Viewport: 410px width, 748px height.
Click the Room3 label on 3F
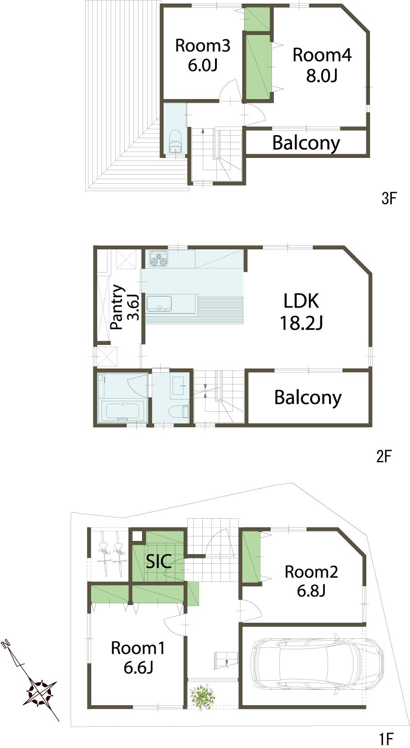[202, 45]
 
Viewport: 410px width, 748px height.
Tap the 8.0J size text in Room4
[322, 76]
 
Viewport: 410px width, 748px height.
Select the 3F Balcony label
[306, 143]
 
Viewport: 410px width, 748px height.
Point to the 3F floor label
[389, 198]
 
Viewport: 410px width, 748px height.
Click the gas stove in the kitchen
[159, 259]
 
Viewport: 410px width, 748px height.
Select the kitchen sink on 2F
[159, 303]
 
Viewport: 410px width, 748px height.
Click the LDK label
[301, 301]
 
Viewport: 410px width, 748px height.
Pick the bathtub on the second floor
[122, 411]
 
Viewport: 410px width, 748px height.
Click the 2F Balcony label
[307, 397]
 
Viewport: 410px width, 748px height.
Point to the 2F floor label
[384, 456]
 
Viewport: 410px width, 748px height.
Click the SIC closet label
[159, 561]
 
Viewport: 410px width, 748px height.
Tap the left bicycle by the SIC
[104, 554]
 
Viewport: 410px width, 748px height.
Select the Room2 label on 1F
[311, 571]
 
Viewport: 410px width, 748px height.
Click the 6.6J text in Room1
[138, 667]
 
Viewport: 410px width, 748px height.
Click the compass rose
[41, 692]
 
